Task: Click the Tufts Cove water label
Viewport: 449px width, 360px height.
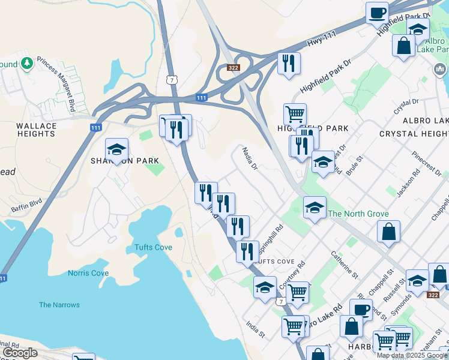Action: (x=153, y=247)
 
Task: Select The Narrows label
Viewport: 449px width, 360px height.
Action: (x=59, y=305)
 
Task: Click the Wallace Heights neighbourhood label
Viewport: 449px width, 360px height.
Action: (x=36, y=130)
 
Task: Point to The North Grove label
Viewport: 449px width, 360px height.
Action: (x=358, y=214)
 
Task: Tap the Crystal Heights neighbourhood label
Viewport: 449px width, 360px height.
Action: (x=414, y=133)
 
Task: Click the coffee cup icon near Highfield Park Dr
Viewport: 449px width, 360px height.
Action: (x=378, y=13)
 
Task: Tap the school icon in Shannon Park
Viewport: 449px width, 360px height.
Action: (x=117, y=149)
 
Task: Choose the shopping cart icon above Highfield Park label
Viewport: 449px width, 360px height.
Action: (x=295, y=113)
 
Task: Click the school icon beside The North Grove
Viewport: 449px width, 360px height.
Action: (x=315, y=208)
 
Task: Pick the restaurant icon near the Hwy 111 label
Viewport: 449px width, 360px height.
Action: (x=289, y=63)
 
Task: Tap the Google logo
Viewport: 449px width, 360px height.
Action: (x=21, y=353)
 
